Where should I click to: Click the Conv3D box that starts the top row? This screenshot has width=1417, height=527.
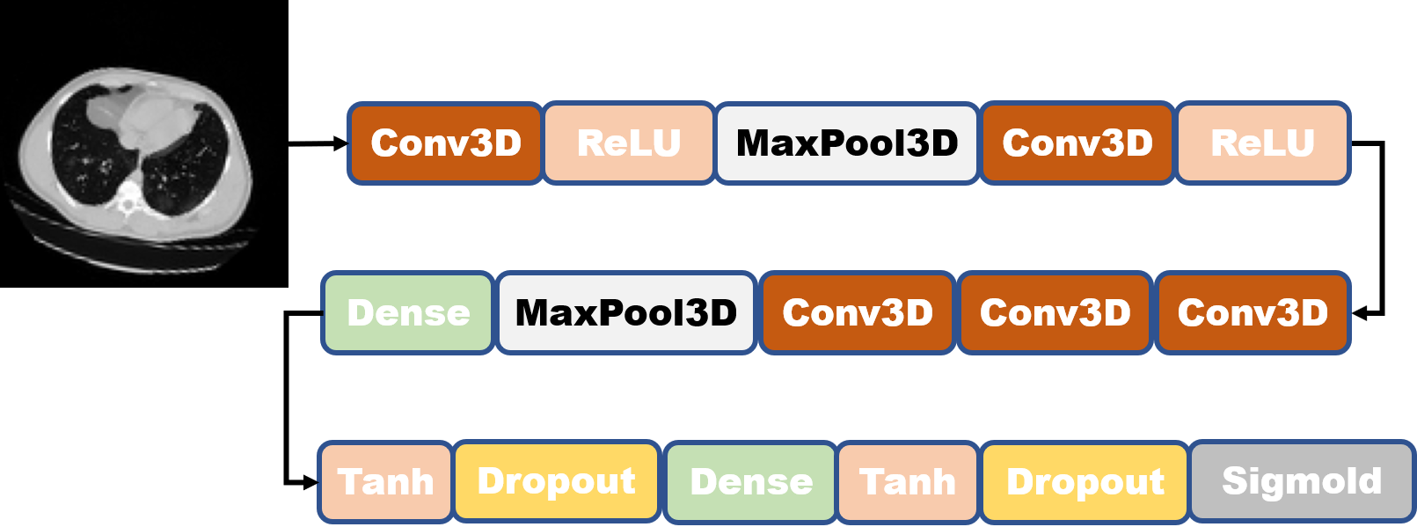pos(445,143)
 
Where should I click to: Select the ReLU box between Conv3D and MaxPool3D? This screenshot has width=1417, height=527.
pos(628,143)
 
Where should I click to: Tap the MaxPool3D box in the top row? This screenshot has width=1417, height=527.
pos(847,143)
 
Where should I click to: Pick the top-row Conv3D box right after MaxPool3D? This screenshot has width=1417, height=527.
pos(1077,143)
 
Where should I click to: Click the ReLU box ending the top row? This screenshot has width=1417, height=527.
pos(1262,143)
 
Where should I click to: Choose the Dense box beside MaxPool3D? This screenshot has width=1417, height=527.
pos(408,313)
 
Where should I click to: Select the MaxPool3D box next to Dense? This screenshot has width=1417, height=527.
pos(625,313)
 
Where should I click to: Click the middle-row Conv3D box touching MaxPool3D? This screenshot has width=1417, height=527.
pos(858,313)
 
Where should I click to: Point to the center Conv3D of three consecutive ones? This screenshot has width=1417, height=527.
pos(1055,313)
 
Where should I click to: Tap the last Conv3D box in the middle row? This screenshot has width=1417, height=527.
pos(1253,313)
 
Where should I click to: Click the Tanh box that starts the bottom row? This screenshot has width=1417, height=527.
pos(385,482)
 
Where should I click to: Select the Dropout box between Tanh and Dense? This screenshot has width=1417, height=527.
pos(556,482)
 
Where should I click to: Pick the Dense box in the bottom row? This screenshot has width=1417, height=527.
pos(750,482)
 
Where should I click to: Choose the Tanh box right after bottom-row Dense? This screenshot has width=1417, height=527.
pos(908,482)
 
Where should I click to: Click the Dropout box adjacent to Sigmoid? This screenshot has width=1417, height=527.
pos(1085,482)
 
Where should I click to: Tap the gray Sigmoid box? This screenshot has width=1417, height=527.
pos(1302,481)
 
